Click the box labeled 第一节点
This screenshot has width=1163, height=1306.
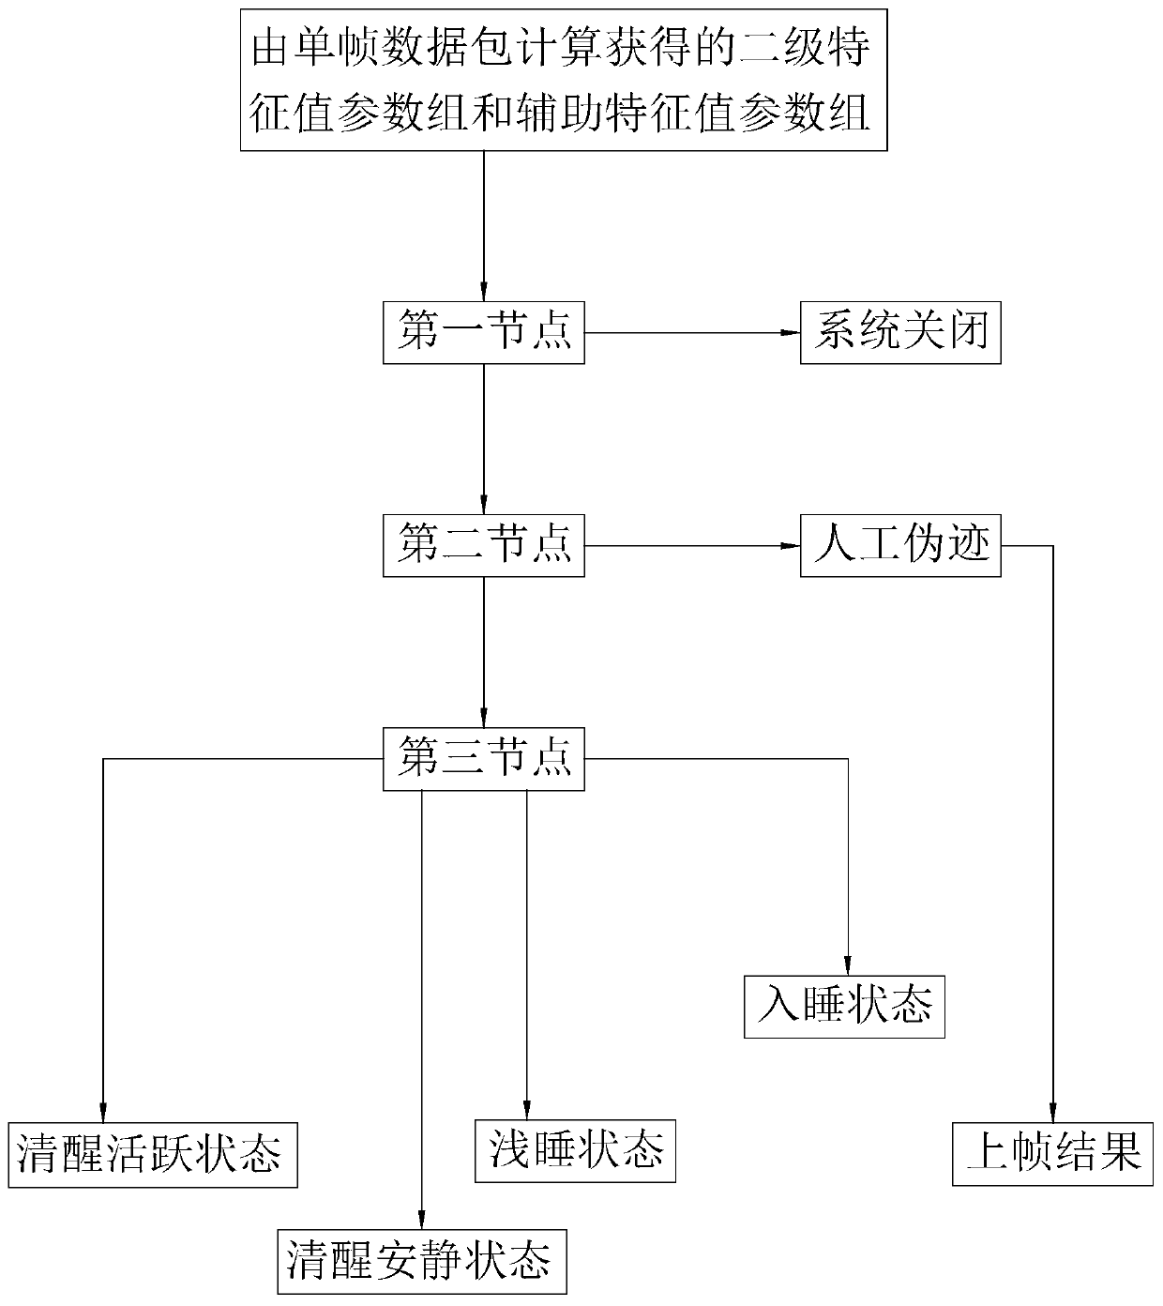tap(484, 332)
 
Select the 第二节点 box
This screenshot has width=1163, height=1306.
tap(484, 545)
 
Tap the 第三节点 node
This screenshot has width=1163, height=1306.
tap(484, 758)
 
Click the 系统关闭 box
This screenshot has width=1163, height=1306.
tap(900, 332)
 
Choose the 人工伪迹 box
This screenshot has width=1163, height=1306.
tap(900, 545)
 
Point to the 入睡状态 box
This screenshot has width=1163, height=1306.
tap(844, 1007)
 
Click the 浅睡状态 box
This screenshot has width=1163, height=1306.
tap(576, 1150)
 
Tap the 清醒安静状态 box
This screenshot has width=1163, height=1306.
tap(422, 1262)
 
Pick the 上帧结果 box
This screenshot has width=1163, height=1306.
tap(1053, 1154)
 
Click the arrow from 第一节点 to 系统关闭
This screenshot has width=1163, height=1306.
tap(692, 332)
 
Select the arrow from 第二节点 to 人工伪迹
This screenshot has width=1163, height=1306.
tap(692, 545)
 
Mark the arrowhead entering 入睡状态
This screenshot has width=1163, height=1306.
tap(848, 966)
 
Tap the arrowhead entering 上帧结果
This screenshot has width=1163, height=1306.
tap(1053, 1112)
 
